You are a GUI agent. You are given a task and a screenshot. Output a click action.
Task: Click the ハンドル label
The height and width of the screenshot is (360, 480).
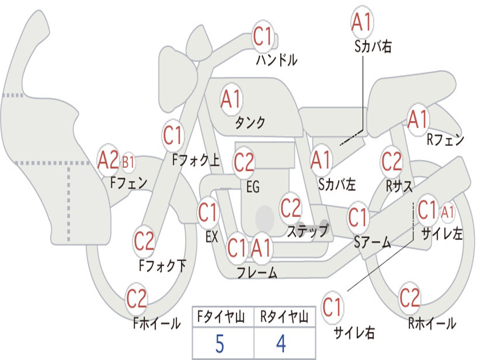pyautogui.click(x=277, y=60)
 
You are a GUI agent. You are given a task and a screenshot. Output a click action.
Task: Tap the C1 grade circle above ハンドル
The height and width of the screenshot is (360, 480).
pyautogui.click(x=262, y=36)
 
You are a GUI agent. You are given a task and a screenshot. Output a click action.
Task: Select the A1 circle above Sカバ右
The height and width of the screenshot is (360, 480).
pyautogui.click(x=362, y=22)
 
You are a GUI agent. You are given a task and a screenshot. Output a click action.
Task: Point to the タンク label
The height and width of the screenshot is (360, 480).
pyautogui.click(x=250, y=122)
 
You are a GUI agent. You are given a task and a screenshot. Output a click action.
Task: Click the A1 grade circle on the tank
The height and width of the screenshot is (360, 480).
pyautogui.click(x=231, y=99)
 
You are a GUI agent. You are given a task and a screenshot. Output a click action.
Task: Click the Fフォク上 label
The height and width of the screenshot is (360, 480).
pyautogui.click(x=196, y=160)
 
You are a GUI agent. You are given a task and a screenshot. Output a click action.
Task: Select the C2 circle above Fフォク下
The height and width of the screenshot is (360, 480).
pyautogui.click(x=144, y=242)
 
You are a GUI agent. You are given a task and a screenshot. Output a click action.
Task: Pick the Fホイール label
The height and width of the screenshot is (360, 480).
pyautogui.click(x=157, y=323)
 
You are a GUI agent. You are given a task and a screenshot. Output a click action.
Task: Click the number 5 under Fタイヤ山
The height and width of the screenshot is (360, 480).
pyautogui.click(x=220, y=344)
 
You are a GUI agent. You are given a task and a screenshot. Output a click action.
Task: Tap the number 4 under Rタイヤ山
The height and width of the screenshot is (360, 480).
pyautogui.click(x=281, y=344)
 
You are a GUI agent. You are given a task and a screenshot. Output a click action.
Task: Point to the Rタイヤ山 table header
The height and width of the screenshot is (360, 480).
pyautogui.click(x=284, y=317)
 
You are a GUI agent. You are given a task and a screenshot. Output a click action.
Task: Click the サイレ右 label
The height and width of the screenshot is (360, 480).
pyautogui.click(x=354, y=332)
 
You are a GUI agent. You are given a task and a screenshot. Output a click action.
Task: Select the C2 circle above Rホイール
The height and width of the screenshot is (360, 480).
pyautogui.click(x=409, y=298)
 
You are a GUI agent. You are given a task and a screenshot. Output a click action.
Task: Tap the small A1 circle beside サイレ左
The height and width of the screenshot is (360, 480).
pyautogui.click(x=447, y=212)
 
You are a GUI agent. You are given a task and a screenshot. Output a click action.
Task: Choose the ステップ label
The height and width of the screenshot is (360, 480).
pyautogui.click(x=308, y=231)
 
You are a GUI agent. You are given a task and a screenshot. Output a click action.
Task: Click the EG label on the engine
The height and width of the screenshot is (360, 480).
pyautogui.click(x=253, y=187)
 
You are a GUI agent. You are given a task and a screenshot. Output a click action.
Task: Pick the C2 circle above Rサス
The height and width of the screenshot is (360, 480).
pyautogui.click(x=391, y=161)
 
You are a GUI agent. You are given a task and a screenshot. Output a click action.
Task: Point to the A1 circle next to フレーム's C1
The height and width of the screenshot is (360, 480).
pyautogui.click(x=261, y=248)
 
